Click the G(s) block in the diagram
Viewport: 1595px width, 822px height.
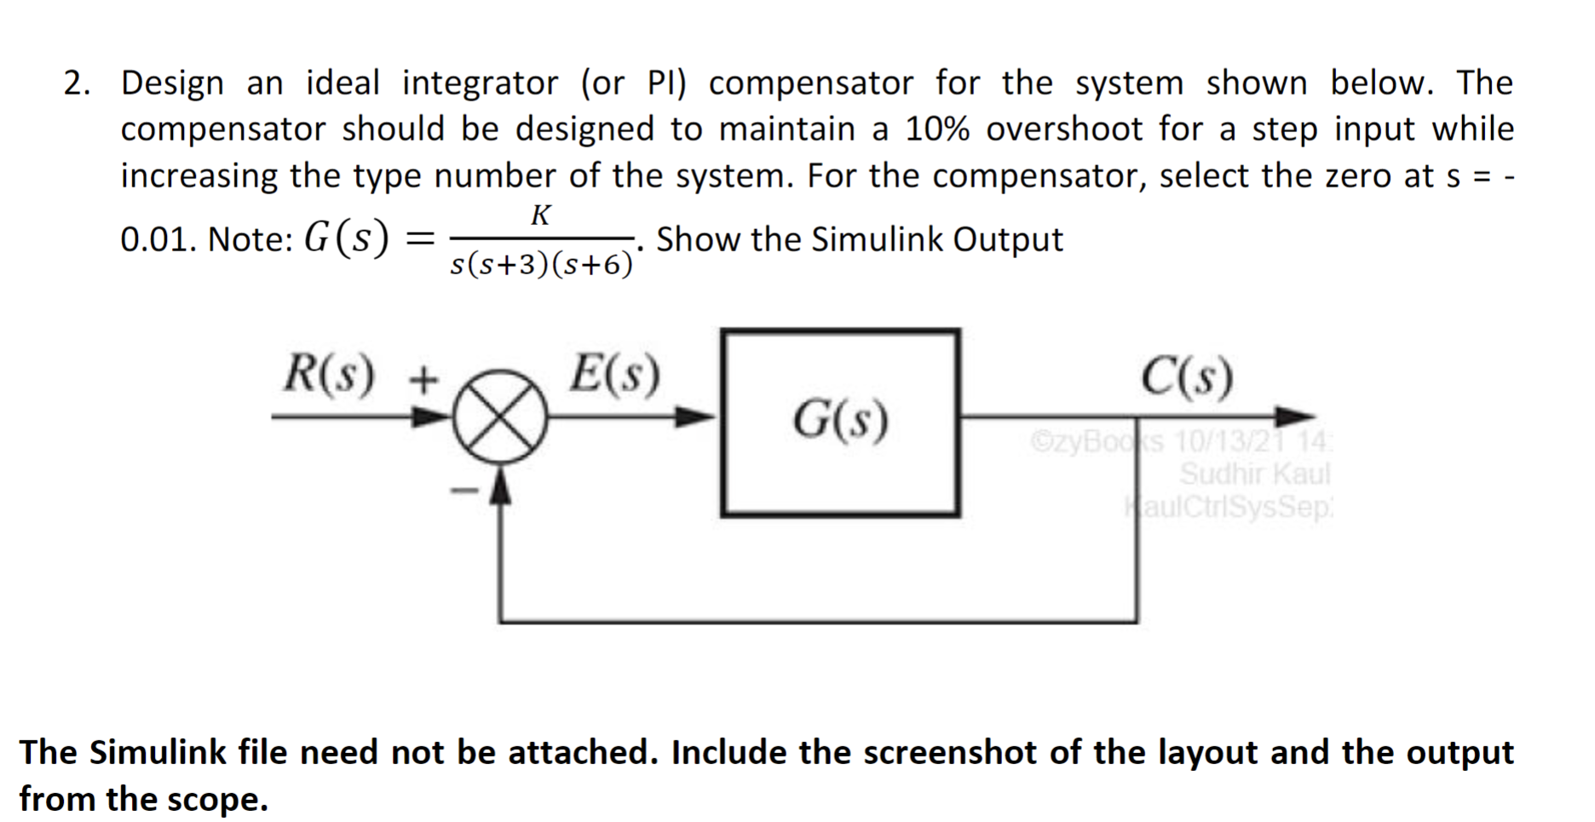[x=840, y=422]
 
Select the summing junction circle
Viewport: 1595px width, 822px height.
[x=499, y=417]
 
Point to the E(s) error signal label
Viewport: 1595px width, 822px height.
[x=614, y=375]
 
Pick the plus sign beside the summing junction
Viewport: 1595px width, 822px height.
[x=423, y=377]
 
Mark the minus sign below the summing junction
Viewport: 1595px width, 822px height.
[x=464, y=491]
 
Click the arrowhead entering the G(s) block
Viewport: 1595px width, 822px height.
[x=697, y=417]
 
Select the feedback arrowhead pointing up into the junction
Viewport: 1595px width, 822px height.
[x=500, y=487]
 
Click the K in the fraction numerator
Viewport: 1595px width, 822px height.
[x=540, y=216]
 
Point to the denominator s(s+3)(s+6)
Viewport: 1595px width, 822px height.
[x=542, y=265]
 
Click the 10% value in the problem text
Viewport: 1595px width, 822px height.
[x=937, y=129]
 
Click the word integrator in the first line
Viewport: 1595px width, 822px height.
[x=481, y=83]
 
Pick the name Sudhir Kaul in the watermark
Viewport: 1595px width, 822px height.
[x=1254, y=474]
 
